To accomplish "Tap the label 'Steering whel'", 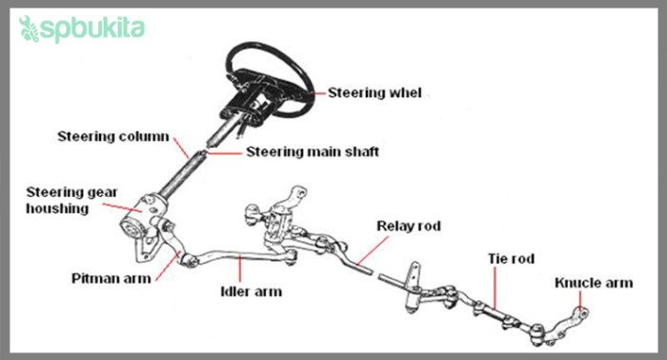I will tap(374, 93).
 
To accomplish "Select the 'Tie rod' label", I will tap(515, 257).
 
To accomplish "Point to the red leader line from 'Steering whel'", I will tap(312, 93).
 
